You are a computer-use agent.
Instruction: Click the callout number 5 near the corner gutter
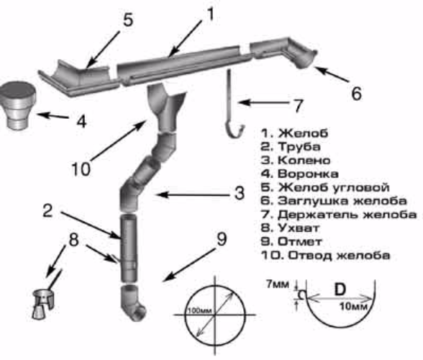(x=128, y=19)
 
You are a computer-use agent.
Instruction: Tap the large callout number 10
(x=81, y=169)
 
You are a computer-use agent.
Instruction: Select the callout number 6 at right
(x=356, y=94)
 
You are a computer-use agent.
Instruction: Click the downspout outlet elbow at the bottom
(x=133, y=302)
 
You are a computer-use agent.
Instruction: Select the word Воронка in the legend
(x=308, y=174)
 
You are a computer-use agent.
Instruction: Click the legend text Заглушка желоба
(x=342, y=201)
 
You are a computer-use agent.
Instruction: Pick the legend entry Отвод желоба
(x=339, y=255)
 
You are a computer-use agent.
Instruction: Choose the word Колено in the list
(x=304, y=160)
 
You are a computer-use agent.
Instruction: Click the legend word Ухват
(x=299, y=228)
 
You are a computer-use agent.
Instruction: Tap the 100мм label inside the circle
(x=199, y=310)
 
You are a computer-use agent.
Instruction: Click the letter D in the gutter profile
(x=340, y=289)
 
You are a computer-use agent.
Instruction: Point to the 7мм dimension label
(x=278, y=284)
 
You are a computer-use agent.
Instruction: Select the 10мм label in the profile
(x=353, y=306)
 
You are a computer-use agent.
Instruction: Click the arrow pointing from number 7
(x=263, y=103)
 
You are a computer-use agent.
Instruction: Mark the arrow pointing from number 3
(x=193, y=194)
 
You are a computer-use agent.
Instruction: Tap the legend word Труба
(x=299, y=147)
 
